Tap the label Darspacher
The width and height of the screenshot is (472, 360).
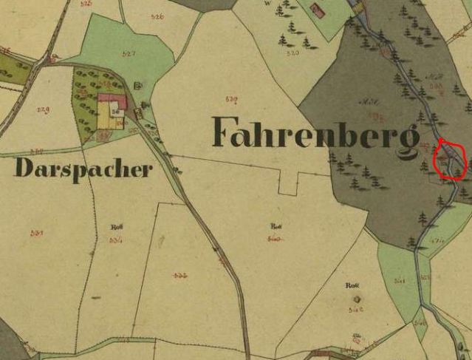point(83,169)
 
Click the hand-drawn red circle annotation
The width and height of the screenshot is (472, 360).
point(448,159)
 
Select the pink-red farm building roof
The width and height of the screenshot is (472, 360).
point(113,98)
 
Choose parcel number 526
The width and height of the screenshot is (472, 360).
point(157,16)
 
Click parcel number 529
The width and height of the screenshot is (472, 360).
point(44,111)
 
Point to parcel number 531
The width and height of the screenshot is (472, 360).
point(37,233)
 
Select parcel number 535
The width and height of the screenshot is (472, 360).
point(180,275)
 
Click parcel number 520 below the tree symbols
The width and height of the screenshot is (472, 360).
point(293,53)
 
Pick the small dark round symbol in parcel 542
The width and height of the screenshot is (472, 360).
point(358,299)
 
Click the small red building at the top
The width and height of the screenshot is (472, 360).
point(318,10)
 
